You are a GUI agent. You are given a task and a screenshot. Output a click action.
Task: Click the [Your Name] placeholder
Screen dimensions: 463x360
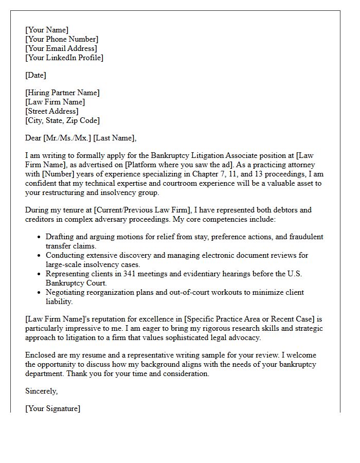point(47,30)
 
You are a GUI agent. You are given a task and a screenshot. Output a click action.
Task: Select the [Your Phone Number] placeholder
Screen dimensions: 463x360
point(62,39)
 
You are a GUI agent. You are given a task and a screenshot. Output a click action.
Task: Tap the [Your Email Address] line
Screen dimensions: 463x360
point(61,48)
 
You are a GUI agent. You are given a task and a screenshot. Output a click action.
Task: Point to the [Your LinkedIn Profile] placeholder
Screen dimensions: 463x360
point(64,58)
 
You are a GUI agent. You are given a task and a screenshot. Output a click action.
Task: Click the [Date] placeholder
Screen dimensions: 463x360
point(35,75)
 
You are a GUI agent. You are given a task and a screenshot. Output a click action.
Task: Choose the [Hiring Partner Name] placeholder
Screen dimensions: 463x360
point(62,93)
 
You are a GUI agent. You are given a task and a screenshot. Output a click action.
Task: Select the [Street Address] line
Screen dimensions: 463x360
point(52,111)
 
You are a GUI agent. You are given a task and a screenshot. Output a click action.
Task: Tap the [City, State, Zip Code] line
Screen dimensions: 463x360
point(62,120)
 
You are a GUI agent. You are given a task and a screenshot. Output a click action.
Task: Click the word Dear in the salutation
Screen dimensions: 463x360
point(33,138)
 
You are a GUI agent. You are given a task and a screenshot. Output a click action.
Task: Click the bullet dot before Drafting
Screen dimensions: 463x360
point(40,237)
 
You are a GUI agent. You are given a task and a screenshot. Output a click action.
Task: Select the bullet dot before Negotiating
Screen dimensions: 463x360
point(40,293)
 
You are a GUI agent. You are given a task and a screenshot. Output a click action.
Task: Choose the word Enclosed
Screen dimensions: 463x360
point(42,355)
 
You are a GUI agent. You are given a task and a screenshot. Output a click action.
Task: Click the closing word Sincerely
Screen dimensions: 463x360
point(41,391)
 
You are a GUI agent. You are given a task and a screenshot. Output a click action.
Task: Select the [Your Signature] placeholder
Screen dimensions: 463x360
point(52,408)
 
